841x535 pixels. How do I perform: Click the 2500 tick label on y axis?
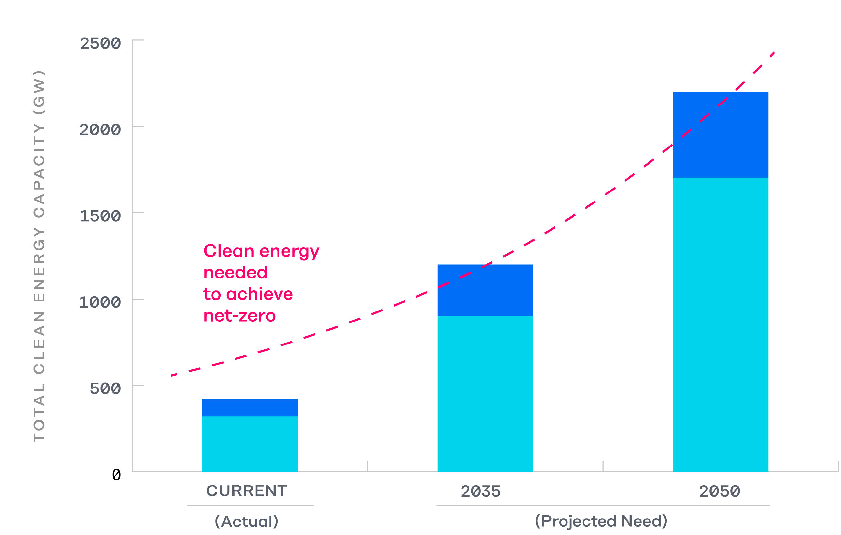[100, 44]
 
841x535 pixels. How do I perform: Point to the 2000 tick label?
[100, 130]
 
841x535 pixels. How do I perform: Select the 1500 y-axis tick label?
[100, 216]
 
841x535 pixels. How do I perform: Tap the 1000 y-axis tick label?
[100, 302]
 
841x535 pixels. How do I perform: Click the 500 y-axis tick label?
[105, 389]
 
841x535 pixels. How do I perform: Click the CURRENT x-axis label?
[246, 491]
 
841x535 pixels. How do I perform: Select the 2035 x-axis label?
[481, 491]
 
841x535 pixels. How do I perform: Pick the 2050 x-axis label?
[719, 491]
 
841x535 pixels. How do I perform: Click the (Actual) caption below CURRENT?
[246, 521]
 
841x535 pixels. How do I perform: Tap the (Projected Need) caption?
[601, 521]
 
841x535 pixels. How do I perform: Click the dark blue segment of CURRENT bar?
[250, 408]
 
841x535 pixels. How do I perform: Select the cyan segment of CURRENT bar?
[250, 443]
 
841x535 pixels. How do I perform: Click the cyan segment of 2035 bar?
[485, 394]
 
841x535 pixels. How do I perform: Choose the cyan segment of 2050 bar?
[720, 325]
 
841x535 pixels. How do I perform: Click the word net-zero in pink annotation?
[240, 316]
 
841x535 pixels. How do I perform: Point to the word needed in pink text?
[235, 273]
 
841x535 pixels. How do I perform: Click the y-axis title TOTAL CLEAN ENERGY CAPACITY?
[39, 257]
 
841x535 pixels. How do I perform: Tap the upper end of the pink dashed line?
[774, 53]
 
